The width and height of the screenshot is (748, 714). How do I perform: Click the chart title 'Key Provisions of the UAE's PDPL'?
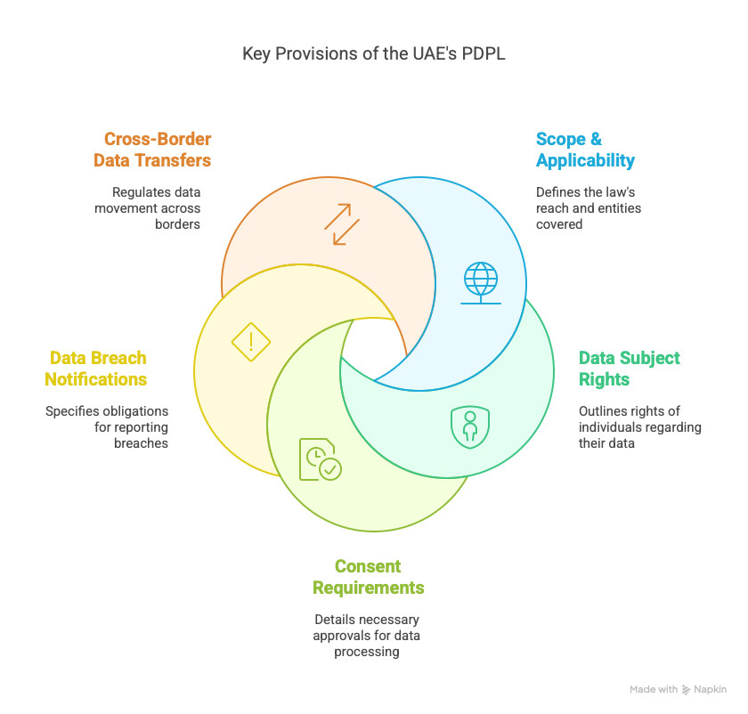(x=374, y=54)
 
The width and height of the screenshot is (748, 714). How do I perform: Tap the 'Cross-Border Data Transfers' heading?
(x=157, y=150)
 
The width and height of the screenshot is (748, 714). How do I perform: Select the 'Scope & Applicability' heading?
(x=585, y=150)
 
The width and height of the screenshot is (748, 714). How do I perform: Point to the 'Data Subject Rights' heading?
(x=629, y=369)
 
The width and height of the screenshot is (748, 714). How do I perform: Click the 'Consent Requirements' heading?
(x=368, y=577)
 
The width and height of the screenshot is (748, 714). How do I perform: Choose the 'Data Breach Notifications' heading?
(x=98, y=369)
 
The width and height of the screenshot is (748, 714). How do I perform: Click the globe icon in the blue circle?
(x=481, y=282)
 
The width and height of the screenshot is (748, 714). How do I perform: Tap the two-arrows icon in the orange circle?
(x=342, y=224)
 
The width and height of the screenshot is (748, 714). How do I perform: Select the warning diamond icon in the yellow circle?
(x=250, y=341)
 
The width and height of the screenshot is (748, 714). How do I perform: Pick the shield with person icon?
(x=469, y=426)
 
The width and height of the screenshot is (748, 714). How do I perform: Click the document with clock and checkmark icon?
(x=320, y=459)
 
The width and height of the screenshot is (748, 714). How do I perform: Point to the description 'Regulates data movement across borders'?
(x=156, y=207)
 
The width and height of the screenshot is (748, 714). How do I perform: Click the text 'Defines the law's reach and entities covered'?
(x=588, y=207)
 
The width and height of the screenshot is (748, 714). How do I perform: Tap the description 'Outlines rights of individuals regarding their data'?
(x=639, y=426)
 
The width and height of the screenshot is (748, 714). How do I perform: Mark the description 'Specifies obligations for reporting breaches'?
(x=108, y=426)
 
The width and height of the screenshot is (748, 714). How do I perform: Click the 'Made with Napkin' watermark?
(x=678, y=689)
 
